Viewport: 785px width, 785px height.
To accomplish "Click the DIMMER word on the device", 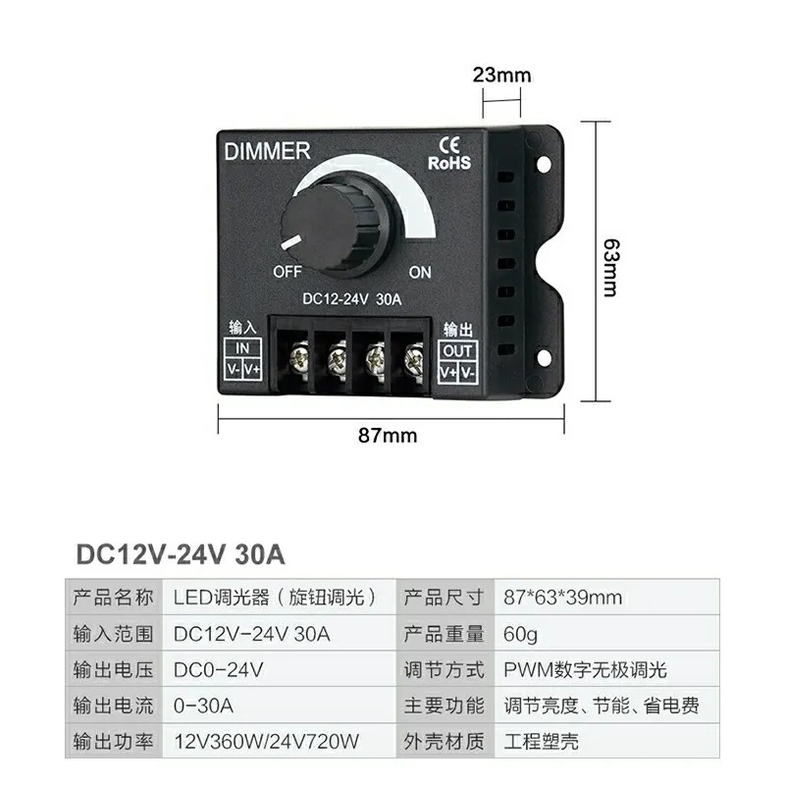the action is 268,152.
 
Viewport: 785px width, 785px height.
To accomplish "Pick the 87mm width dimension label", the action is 389,435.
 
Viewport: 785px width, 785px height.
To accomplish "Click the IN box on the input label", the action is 242,349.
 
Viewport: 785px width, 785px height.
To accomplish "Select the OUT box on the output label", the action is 458,351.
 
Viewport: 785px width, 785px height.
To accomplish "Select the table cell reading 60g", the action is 520,633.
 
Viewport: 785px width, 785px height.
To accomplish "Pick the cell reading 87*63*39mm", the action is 563,597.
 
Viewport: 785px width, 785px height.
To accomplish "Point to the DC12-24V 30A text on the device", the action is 351,301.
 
